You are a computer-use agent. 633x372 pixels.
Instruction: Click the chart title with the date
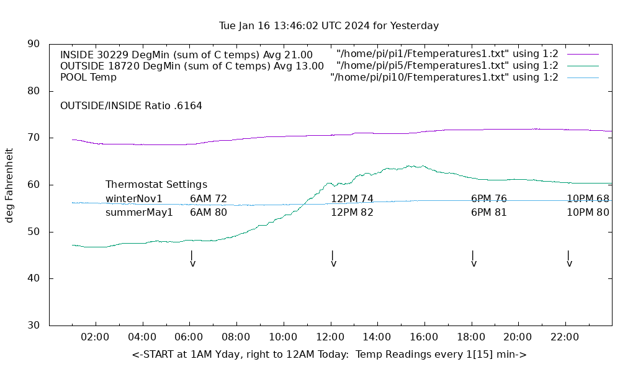[329, 26]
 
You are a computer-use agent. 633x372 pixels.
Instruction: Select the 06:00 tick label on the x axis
[189, 337]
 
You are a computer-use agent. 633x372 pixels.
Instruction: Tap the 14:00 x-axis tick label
[377, 337]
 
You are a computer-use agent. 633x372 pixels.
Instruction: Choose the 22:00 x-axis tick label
[565, 337]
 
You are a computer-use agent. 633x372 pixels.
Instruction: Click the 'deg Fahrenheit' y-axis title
[9, 185]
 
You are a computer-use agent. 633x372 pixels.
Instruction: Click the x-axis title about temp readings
[329, 355]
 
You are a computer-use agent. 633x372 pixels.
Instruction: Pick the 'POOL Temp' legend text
[88, 77]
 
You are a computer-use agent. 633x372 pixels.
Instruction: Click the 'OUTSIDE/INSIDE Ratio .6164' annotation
[131, 106]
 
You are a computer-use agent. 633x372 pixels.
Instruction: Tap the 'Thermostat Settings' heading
[156, 185]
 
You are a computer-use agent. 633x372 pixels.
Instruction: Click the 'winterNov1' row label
[134, 199]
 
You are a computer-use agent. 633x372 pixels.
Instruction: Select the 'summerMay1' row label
[139, 213]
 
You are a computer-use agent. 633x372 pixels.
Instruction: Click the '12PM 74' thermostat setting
[352, 199]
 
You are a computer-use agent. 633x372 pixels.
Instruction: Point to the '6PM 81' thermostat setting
[489, 213]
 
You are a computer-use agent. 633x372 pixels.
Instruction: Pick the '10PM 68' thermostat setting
[588, 199]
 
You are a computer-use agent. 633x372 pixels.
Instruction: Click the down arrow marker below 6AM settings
[192, 259]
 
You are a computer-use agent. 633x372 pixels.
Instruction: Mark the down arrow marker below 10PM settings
[569, 259]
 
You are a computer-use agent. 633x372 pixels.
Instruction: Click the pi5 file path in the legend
[447, 66]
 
